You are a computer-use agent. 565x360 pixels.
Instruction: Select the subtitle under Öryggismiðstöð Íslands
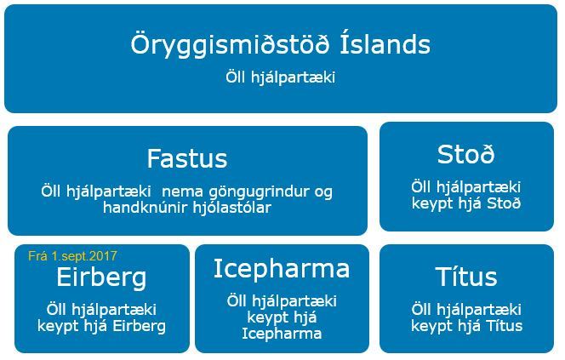pyautogui.click(x=281, y=77)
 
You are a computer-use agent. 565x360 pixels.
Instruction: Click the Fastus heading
pyautogui.click(x=187, y=158)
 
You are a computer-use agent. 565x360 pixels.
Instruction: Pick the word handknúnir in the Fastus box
pyautogui.click(x=144, y=207)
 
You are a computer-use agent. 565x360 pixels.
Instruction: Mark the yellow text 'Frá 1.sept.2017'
pyautogui.click(x=72, y=255)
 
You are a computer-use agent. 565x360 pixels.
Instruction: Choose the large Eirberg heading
pyautogui.click(x=101, y=277)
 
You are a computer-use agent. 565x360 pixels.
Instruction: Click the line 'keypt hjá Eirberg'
pyautogui.click(x=101, y=325)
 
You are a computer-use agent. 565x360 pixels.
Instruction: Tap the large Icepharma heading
pyautogui.click(x=282, y=269)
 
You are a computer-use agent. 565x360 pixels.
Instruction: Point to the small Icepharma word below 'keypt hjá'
pyautogui.click(x=282, y=333)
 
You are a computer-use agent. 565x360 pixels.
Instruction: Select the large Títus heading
pyautogui.click(x=465, y=277)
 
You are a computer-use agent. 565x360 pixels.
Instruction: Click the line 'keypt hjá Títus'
pyautogui.click(x=465, y=325)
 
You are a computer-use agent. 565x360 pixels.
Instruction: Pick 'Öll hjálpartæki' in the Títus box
pyautogui.click(x=465, y=310)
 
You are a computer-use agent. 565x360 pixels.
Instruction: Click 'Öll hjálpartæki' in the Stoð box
pyautogui.click(x=465, y=187)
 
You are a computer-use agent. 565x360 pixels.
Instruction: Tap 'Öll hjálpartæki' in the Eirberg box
pyautogui.click(x=101, y=310)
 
